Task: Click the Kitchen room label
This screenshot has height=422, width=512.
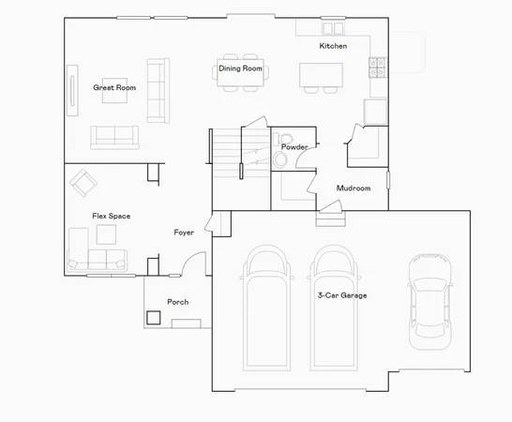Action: click(x=333, y=46)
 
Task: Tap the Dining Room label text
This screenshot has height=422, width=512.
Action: click(x=240, y=68)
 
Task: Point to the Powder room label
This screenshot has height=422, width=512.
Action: click(x=294, y=147)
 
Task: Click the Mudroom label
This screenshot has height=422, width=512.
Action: click(x=354, y=188)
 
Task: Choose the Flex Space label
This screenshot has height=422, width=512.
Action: click(x=111, y=217)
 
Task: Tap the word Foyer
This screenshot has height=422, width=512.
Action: click(x=185, y=232)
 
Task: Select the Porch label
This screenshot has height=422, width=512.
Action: click(x=177, y=302)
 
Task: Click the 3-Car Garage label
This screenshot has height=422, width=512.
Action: click(x=341, y=295)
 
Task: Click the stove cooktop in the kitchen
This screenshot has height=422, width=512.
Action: click(x=380, y=68)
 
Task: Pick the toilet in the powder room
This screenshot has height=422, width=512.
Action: click(x=280, y=159)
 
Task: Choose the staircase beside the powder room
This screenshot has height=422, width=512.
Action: click(x=224, y=149)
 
